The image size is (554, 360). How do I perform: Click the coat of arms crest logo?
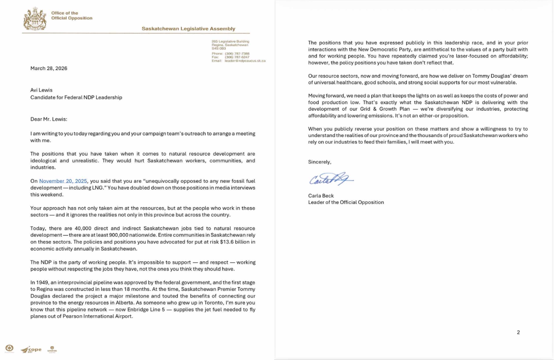click(x=35, y=19)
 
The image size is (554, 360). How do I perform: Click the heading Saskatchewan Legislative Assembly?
click(x=188, y=29)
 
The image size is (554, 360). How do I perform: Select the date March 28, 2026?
click(x=49, y=68)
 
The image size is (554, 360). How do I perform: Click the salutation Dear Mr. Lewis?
click(x=48, y=119)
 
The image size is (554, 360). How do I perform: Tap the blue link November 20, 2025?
click(x=63, y=181)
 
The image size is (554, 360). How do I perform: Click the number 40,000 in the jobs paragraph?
click(x=78, y=228)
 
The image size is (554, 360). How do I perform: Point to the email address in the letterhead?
click(x=245, y=61)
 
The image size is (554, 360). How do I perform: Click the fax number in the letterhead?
click(x=237, y=57)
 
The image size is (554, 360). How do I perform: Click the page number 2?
click(x=518, y=332)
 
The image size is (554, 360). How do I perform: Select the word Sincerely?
click(x=319, y=162)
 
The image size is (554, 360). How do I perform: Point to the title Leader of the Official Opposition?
click(x=346, y=202)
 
